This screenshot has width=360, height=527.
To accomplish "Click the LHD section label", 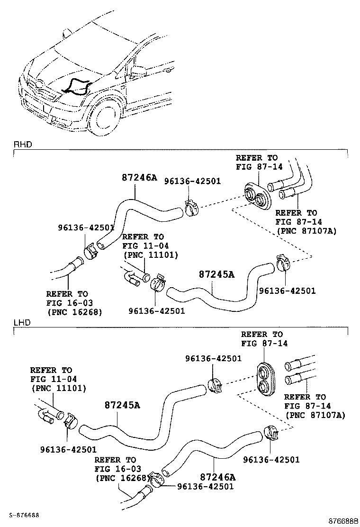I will click(x=22, y=322).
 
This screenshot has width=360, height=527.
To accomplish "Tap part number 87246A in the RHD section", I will click(x=139, y=178).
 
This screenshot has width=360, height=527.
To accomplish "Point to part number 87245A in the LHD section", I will click(x=122, y=405).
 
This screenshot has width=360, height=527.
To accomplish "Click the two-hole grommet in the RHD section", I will click(x=256, y=195).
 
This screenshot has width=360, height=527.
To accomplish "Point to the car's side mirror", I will click(x=137, y=71).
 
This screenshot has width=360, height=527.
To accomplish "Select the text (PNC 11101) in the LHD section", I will click(x=58, y=388).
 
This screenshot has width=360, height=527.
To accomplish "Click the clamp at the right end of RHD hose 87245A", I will click(x=281, y=262).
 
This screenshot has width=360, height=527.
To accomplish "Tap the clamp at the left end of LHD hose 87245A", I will click(x=71, y=419).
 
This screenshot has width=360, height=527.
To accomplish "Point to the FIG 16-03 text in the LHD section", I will click(x=115, y=469).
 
